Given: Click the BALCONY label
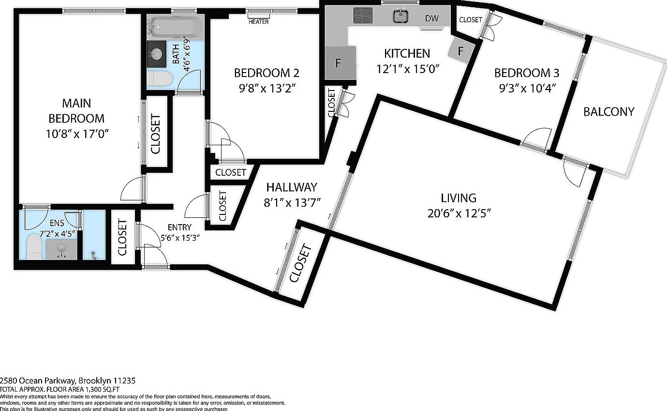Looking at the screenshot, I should [608, 112].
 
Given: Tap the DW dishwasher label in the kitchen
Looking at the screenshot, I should [431, 18].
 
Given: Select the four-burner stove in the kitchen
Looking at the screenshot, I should [363, 15].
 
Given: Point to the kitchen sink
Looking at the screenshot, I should [400, 16].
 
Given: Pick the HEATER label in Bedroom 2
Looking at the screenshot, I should [258, 22].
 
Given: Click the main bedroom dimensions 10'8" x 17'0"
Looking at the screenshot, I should [76, 133].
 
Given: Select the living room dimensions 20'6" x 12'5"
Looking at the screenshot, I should [459, 213].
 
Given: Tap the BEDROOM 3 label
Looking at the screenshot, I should [526, 73].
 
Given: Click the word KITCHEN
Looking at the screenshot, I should [407, 53].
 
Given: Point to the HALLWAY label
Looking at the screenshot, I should [291, 187].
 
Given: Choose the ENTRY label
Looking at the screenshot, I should [179, 228].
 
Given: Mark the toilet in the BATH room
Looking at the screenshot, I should [159, 79].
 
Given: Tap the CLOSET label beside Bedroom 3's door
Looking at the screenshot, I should [470, 20].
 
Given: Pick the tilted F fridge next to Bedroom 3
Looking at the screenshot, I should [460, 51].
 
